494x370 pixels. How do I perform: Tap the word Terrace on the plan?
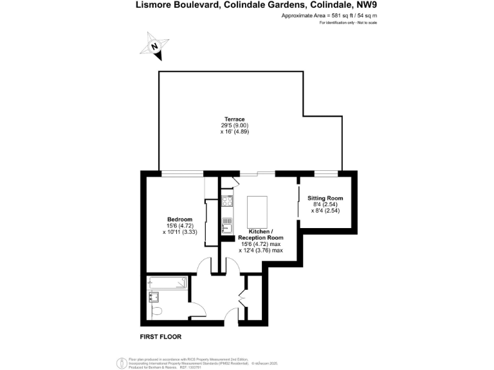[234, 119]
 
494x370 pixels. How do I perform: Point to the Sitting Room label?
[325, 198]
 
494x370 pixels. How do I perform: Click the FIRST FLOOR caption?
[161, 337]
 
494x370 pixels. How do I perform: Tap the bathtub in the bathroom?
[167, 282]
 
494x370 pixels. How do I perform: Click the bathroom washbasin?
[154, 296]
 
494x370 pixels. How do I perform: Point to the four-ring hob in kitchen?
[227, 200]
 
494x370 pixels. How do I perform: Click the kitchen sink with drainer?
[227, 224]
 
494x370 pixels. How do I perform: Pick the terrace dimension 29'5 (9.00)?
[234, 125]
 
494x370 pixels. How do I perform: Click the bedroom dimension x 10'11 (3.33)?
[179, 232]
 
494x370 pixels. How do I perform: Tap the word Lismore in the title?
[154, 5]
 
